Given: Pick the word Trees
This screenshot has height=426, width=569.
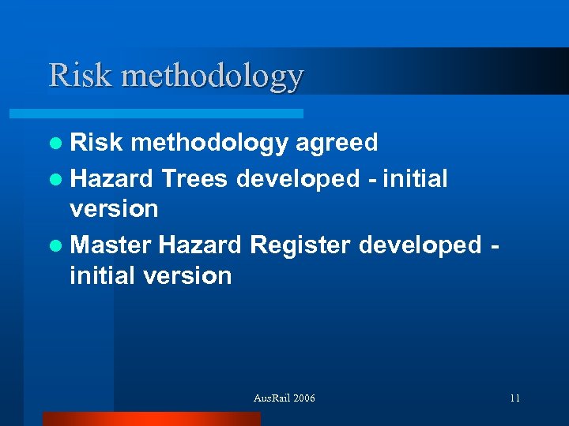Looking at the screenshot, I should [194, 179].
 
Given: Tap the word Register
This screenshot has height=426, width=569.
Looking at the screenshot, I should [300, 246].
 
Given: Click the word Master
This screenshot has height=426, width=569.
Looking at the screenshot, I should [111, 245].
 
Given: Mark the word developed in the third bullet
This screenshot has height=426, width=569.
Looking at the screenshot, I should [416, 245].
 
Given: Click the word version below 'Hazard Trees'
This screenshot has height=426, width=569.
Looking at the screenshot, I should [114, 210].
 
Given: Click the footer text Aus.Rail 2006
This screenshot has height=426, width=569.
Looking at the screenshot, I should [284, 398].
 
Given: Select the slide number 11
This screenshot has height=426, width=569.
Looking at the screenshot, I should [514, 398].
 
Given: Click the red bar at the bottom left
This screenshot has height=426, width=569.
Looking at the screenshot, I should [151, 419].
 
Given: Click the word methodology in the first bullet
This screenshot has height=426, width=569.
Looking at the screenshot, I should [210, 144].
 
